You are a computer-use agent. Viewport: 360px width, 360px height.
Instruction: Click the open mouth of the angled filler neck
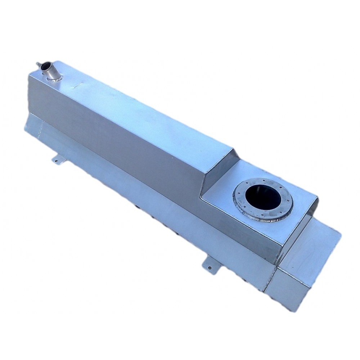(x=45, y=67)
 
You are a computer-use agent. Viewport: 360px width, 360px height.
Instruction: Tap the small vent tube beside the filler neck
(x=38, y=64)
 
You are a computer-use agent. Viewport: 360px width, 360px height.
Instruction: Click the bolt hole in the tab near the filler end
(x=57, y=161)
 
